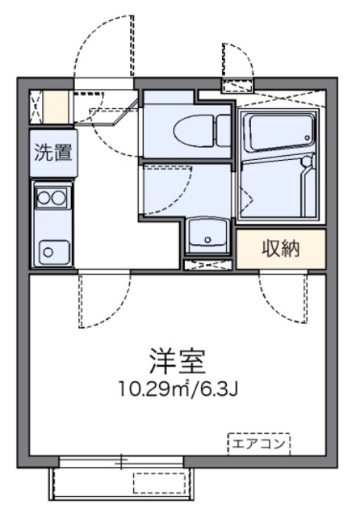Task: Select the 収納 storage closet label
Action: pyautogui.click(x=280, y=249)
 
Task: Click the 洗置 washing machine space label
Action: pyautogui.click(x=52, y=152)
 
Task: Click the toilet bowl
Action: pyautogui.click(x=190, y=128)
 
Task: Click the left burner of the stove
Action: pyautogui.click(x=41, y=196)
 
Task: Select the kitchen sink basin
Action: pyautogui.click(x=51, y=249)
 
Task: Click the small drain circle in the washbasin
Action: pyautogui.click(x=208, y=239)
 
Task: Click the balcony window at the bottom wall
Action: pyautogui.click(x=121, y=462)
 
